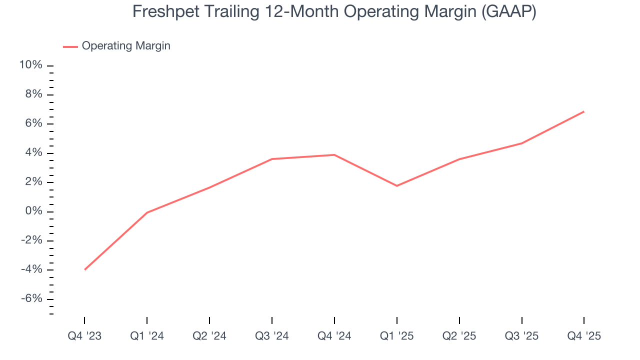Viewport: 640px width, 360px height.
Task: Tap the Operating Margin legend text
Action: point(126,46)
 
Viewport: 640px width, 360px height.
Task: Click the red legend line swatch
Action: point(70,46)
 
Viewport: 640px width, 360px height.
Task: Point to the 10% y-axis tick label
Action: point(30,65)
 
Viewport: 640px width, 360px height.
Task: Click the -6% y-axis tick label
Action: point(31,298)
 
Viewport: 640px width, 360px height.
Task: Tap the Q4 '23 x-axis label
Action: point(84,336)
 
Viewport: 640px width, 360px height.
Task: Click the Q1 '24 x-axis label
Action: point(147,336)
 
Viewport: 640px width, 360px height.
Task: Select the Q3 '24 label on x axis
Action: point(271,336)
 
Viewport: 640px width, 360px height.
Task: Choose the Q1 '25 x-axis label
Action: point(396,336)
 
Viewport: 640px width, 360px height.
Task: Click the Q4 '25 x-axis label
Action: point(584,336)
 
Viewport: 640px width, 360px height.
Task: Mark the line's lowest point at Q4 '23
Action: point(85,269)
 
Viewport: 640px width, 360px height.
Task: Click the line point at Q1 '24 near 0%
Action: point(147,212)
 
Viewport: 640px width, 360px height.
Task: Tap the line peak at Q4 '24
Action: point(334,154)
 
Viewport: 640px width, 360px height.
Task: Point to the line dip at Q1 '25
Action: point(396,185)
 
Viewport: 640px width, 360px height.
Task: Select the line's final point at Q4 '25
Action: point(583,111)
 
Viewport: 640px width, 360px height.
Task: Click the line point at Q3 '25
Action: point(521,143)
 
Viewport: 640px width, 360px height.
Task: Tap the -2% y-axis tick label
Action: point(31,240)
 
